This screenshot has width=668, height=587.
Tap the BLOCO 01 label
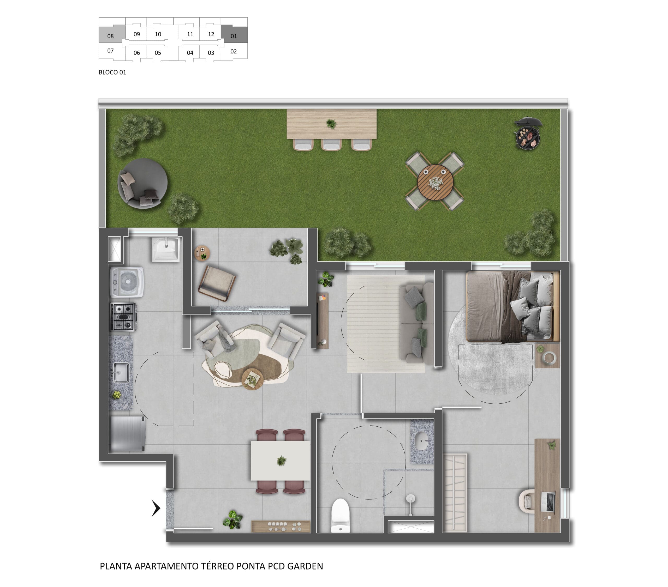112,72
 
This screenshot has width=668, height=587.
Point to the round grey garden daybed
142,183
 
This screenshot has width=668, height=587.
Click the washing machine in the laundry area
127,282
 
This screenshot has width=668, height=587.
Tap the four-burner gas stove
123,317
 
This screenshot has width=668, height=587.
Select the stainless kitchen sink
121,372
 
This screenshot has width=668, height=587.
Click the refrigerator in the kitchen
127,433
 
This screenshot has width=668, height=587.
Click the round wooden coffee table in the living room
252,379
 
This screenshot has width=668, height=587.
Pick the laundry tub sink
166,250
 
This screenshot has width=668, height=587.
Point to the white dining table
281,461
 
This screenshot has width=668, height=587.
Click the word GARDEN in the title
305,566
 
